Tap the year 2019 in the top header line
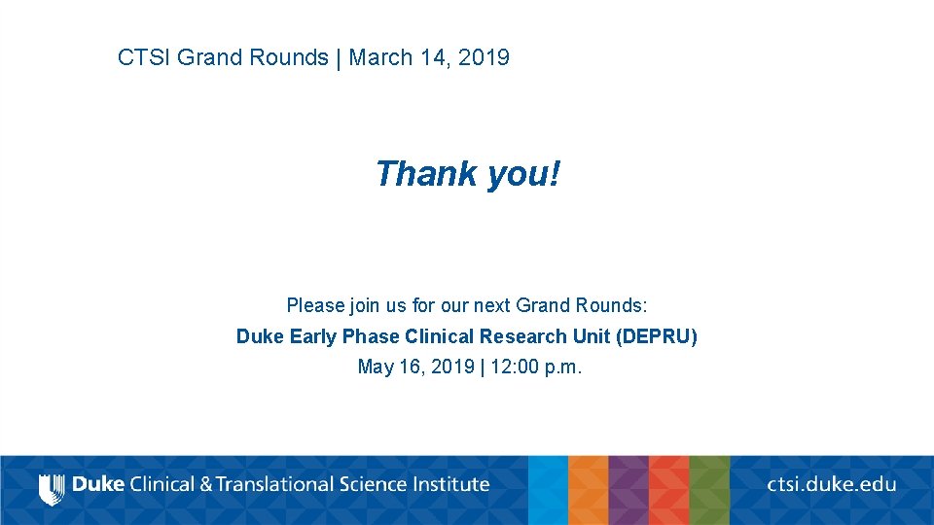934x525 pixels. click(x=484, y=57)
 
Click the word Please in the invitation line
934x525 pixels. click(x=315, y=305)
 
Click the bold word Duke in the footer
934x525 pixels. click(x=98, y=483)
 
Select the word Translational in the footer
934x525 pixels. click(x=279, y=483)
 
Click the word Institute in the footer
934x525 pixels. click(x=450, y=483)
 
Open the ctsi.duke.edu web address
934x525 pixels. click(x=831, y=483)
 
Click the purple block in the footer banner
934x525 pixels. click(x=628, y=490)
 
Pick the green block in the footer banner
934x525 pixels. click(x=709, y=490)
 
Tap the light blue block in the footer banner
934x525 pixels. click(x=548, y=490)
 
